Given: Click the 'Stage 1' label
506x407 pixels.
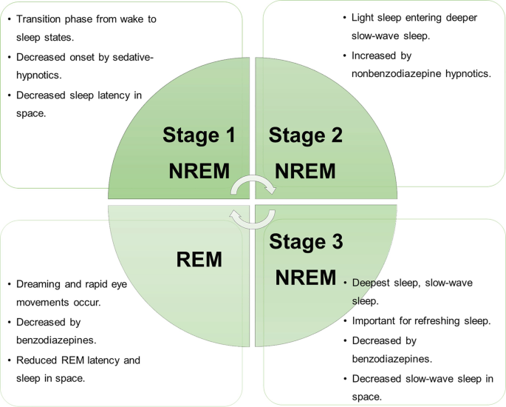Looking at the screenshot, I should pos(199,135).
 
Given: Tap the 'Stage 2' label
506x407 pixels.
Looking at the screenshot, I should pos(305,135).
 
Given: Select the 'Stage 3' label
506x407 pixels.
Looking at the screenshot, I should pos(305,242).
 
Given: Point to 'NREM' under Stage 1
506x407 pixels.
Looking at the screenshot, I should pos(199,171).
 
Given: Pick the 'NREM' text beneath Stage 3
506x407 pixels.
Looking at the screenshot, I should pos(305,277).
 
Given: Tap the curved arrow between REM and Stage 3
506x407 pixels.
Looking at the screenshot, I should pos(250,216).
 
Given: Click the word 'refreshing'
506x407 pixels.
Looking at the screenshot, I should pos(436,320).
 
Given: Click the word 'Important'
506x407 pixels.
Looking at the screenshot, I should pos(377,320).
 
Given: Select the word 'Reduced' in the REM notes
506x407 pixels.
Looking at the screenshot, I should pos(38,360).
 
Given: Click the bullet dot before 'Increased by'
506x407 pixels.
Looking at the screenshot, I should pos(345,55).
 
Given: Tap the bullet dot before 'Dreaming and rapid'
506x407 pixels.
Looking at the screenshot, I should pos(10,284).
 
